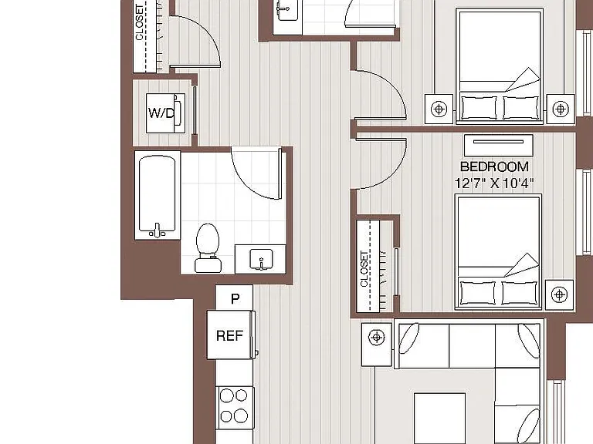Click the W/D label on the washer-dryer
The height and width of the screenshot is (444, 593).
tap(161, 113)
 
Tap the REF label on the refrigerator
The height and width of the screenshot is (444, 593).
tap(229, 335)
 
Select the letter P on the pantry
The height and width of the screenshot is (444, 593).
tap(236, 298)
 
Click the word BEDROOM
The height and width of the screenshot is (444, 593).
tap(494, 166)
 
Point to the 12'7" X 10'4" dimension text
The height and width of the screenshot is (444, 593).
tap(494, 183)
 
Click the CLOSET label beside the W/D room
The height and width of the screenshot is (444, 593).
tap(140, 22)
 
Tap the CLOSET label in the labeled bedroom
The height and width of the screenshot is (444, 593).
tap(364, 268)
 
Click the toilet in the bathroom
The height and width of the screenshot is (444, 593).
tap(208, 247)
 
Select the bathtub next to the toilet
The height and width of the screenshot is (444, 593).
tap(158, 195)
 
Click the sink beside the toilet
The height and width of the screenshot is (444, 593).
tap(260, 259)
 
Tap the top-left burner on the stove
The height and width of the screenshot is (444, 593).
tap(226, 395)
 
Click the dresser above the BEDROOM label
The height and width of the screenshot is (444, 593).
tap(499, 145)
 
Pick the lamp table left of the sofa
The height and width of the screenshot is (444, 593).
tap(376, 345)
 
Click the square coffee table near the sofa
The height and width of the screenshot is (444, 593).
tap(439, 419)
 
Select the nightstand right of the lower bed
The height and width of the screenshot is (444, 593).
tap(559, 294)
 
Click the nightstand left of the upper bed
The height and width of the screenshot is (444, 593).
tap(439, 109)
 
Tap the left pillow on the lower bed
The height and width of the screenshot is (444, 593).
tap(478, 293)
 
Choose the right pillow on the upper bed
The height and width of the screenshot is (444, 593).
tap(520, 108)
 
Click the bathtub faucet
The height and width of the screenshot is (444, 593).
tap(158, 230)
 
